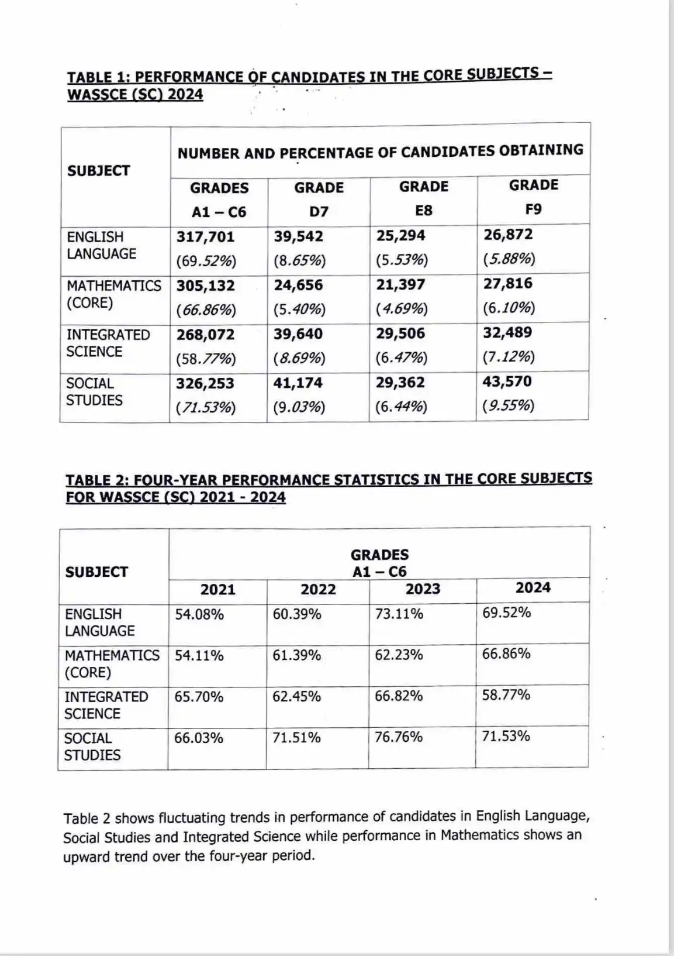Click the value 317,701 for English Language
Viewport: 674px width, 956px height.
(x=205, y=237)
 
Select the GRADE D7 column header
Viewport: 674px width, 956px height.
(x=319, y=199)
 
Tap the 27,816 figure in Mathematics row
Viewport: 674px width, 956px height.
(x=508, y=284)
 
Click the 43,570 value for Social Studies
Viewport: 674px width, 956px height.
(x=507, y=381)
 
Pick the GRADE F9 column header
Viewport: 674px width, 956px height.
(x=533, y=197)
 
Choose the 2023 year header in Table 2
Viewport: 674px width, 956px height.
(x=423, y=589)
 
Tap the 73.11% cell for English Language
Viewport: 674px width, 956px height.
(x=399, y=614)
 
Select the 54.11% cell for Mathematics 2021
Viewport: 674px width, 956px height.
(x=199, y=655)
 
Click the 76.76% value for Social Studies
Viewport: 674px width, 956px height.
(x=399, y=737)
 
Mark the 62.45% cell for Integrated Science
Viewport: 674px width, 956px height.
(x=296, y=696)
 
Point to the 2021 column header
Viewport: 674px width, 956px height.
(x=217, y=589)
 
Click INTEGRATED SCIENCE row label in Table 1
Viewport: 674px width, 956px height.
(x=108, y=343)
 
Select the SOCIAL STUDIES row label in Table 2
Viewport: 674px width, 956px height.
(x=92, y=747)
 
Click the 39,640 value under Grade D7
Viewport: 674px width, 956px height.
(x=298, y=334)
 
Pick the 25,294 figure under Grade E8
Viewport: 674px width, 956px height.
(x=400, y=236)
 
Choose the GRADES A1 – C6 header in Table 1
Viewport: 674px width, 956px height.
(x=219, y=200)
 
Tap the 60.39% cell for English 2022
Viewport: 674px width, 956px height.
(x=297, y=614)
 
